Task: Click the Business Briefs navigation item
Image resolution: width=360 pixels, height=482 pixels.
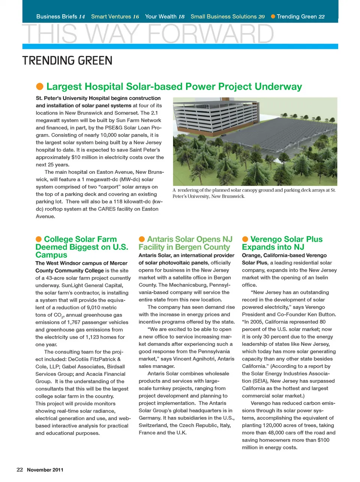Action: [x=60, y=17]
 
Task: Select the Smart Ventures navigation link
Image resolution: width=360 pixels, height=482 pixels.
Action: [x=115, y=17]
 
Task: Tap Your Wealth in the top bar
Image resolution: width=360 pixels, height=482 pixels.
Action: [x=165, y=17]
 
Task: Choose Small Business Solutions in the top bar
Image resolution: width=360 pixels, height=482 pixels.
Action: [x=227, y=17]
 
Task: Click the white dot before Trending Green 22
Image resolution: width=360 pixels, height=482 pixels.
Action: [x=273, y=17]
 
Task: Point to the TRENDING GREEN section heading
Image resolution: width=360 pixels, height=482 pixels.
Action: [x=67, y=60]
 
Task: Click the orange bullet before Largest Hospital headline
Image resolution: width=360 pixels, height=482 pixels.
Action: [x=40, y=87]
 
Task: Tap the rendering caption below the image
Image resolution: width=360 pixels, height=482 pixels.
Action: [x=254, y=193]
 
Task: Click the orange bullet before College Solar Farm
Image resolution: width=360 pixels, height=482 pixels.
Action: [x=39, y=239]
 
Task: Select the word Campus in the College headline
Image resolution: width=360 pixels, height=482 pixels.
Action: [x=51, y=255]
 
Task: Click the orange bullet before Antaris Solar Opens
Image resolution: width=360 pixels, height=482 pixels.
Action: [x=142, y=239]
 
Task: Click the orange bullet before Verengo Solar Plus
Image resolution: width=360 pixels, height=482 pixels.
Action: [x=245, y=239]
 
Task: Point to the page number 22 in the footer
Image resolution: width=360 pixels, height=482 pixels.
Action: [x=20, y=470]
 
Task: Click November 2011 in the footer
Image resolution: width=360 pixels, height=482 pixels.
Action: [x=45, y=470]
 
